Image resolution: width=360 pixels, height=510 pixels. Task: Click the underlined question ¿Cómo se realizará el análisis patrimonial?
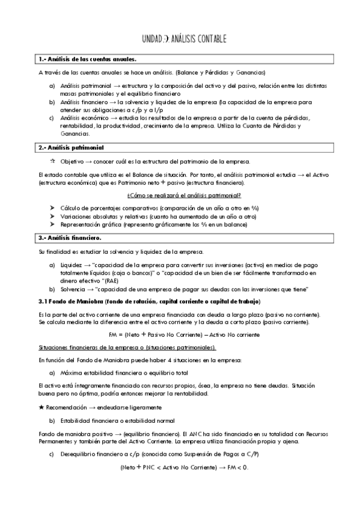(x=184, y=195)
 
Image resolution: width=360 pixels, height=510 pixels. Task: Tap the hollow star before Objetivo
(x=53, y=162)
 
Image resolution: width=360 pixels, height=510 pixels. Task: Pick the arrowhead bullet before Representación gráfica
(x=53, y=224)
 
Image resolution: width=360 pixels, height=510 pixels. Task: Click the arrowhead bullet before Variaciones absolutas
(x=53, y=216)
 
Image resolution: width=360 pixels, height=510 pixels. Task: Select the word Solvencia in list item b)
(x=73, y=290)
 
